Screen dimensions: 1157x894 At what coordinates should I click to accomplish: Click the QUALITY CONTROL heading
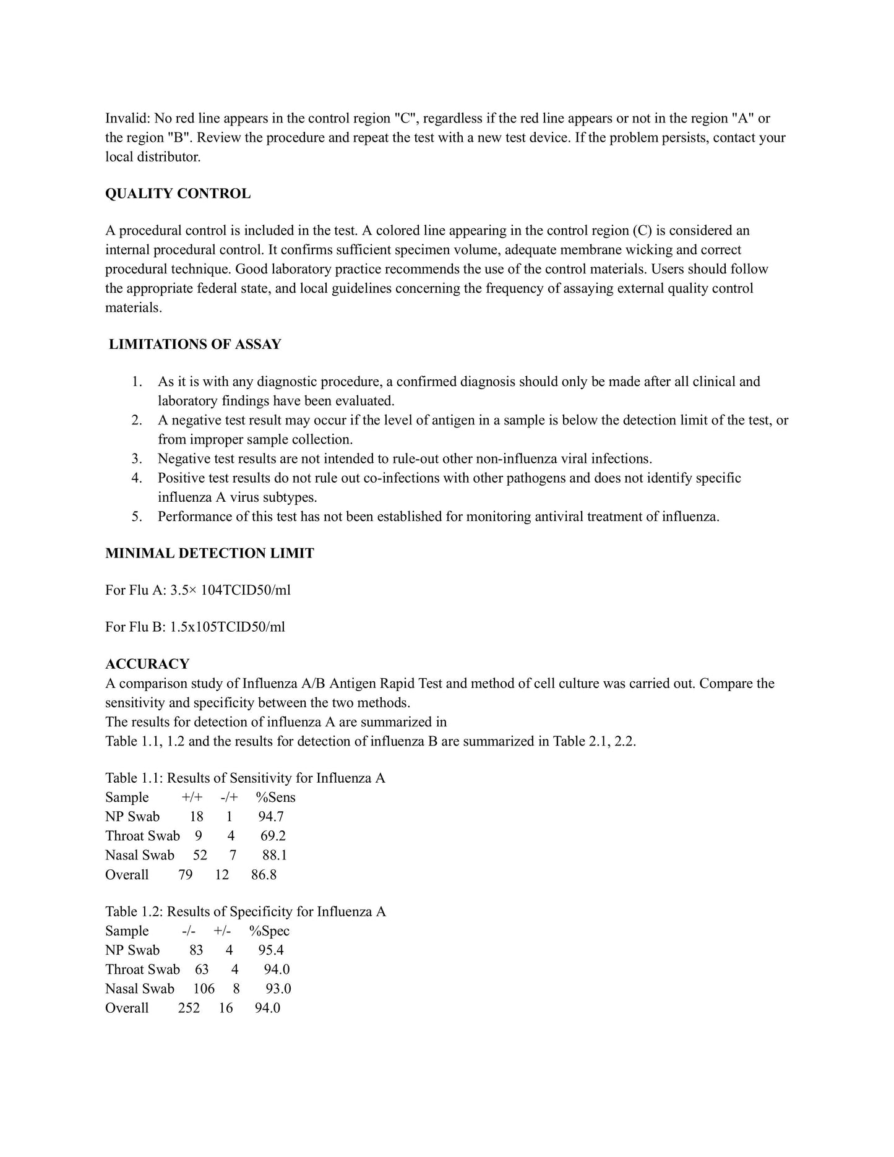click(178, 194)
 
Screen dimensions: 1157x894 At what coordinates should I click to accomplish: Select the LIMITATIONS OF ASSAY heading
click(195, 345)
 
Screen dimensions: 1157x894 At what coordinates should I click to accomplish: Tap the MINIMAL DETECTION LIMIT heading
click(209, 553)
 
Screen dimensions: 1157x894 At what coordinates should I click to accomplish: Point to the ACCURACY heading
click(147, 664)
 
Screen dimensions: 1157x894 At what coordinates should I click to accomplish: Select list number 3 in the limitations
click(137, 458)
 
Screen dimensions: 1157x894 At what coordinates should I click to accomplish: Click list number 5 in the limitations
click(137, 516)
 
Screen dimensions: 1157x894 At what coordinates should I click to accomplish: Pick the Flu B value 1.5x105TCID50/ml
click(228, 627)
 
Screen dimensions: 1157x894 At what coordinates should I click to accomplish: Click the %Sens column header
click(276, 797)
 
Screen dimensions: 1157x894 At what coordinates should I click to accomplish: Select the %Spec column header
click(269, 931)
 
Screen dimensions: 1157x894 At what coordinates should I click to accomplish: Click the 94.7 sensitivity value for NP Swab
click(271, 816)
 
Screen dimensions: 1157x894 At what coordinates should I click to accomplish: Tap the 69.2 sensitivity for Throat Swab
click(273, 836)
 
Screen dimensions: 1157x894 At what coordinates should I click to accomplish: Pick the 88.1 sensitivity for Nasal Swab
click(275, 855)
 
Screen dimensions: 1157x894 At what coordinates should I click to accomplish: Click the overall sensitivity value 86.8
click(264, 874)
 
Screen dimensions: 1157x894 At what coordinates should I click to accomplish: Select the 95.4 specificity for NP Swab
click(271, 950)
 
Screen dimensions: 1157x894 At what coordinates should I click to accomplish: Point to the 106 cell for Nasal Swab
click(204, 989)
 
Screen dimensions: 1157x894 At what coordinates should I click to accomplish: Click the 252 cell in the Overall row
click(189, 1008)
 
